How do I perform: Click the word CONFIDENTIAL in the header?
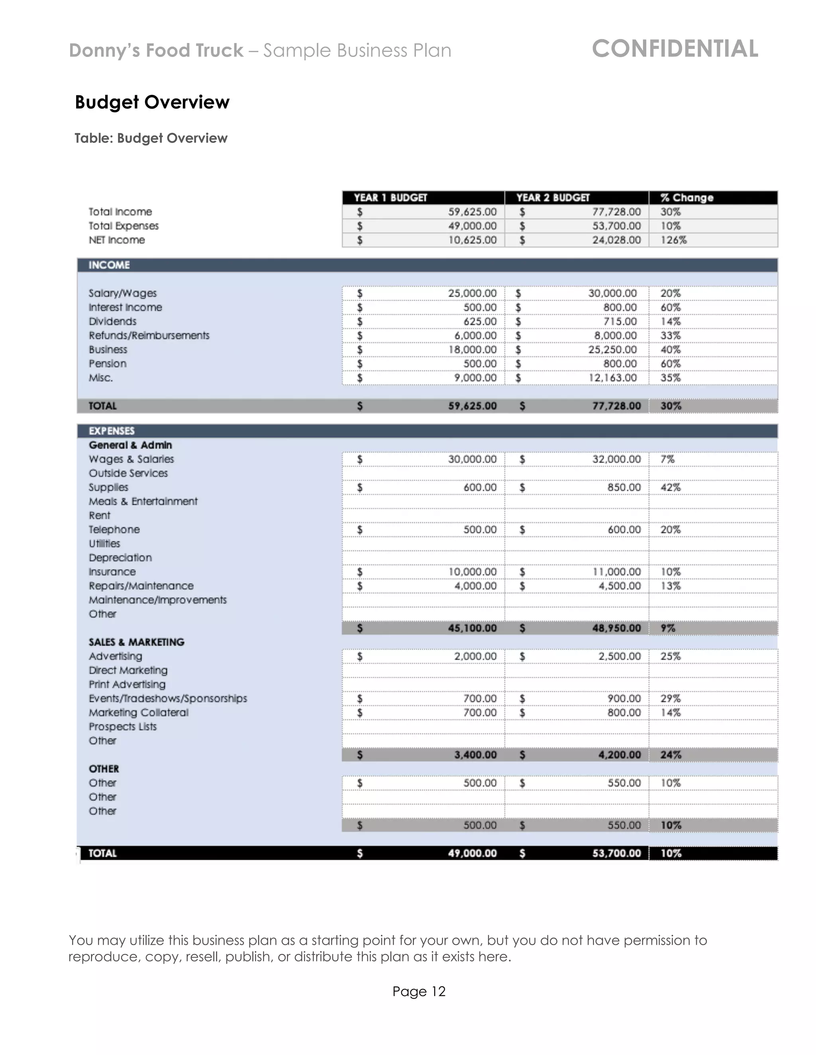pyautogui.click(x=675, y=49)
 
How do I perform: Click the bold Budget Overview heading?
pyautogui.click(x=152, y=102)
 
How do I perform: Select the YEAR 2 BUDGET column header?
pyautogui.click(x=553, y=197)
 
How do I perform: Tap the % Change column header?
pyautogui.click(x=687, y=197)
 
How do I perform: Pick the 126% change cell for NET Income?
pyautogui.click(x=673, y=240)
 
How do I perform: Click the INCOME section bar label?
pyautogui.click(x=109, y=265)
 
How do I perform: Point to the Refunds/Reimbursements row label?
pyautogui.click(x=149, y=335)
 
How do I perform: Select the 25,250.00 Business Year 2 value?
pyautogui.click(x=612, y=349)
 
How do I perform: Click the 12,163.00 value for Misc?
pyautogui.click(x=612, y=378)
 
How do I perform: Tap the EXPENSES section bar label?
pyautogui.click(x=112, y=431)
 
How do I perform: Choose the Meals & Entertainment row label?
pyautogui.click(x=143, y=501)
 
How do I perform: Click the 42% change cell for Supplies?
pyautogui.click(x=671, y=487)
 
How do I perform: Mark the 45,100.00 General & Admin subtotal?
pyautogui.click(x=472, y=628)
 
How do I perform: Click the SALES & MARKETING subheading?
pyautogui.click(x=136, y=642)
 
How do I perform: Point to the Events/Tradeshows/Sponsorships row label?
pyautogui.click(x=168, y=699)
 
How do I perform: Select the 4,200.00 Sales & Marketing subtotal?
pyautogui.click(x=619, y=754)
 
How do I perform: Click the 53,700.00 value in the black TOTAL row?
pyautogui.click(x=616, y=853)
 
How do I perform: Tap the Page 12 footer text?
pyautogui.click(x=419, y=992)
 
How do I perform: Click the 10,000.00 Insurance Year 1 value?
pyautogui.click(x=472, y=572)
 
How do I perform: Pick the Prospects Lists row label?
pyautogui.click(x=123, y=727)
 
